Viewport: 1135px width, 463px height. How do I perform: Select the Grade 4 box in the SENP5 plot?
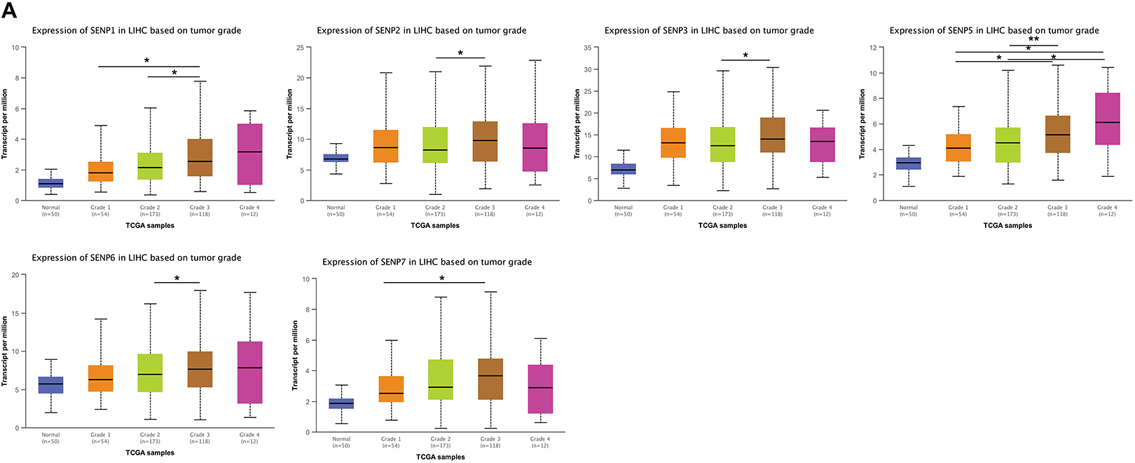[x=1107, y=119]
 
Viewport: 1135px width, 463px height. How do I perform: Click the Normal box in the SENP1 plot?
[x=50, y=183]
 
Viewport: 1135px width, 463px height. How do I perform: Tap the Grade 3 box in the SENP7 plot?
[x=490, y=379]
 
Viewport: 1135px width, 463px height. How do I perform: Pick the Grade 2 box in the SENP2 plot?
[x=435, y=145]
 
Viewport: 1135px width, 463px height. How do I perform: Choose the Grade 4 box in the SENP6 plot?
[x=249, y=373]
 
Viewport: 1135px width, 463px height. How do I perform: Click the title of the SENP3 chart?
[x=709, y=30]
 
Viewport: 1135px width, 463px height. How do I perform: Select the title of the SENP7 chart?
[x=427, y=262]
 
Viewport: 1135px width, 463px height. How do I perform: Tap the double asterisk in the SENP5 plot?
[x=1033, y=40]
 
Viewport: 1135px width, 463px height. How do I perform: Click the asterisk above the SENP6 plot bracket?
[x=177, y=279]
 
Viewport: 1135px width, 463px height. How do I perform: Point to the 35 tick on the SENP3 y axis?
[x=587, y=48]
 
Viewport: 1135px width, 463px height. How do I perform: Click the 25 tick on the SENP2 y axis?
[x=299, y=48]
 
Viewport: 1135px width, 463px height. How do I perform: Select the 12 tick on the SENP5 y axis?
[x=872, y=48]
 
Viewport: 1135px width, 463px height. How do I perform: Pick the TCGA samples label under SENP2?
[x=435, y=226]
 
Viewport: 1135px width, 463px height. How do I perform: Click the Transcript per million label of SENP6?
[x=5, y=351]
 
